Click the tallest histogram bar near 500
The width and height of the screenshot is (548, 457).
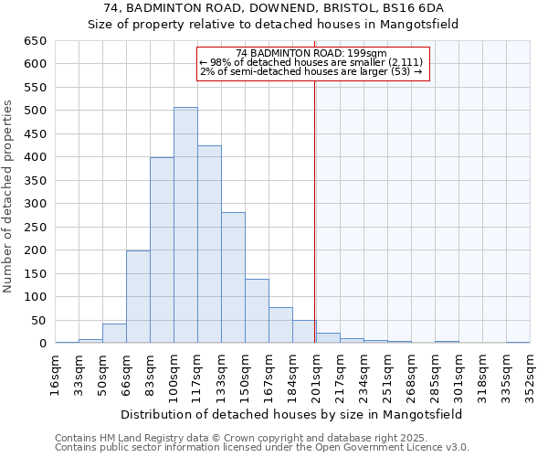click(185, 225)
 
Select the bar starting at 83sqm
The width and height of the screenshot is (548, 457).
click(162, 250)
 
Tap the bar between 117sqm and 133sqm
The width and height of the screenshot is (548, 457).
click(209, 244)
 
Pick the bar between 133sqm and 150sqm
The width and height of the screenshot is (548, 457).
click(233, 278)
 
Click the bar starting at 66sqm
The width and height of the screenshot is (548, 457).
click(138, 297)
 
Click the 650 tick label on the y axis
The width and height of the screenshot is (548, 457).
click(34, 41)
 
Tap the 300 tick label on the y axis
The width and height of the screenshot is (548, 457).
click(34, 204)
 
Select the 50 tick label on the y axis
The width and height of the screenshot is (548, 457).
click(37, 321)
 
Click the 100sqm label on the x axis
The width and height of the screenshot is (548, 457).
click(174, 374)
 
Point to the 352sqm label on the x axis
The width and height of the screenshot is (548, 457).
click(530, 374)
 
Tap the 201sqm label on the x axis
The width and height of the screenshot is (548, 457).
click(316, 374)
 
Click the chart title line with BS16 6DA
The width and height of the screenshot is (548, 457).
click(274, 8)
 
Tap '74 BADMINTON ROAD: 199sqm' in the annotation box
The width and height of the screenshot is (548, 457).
click(311, 54)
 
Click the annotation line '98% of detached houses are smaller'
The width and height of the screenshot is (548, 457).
click(311, 62)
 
